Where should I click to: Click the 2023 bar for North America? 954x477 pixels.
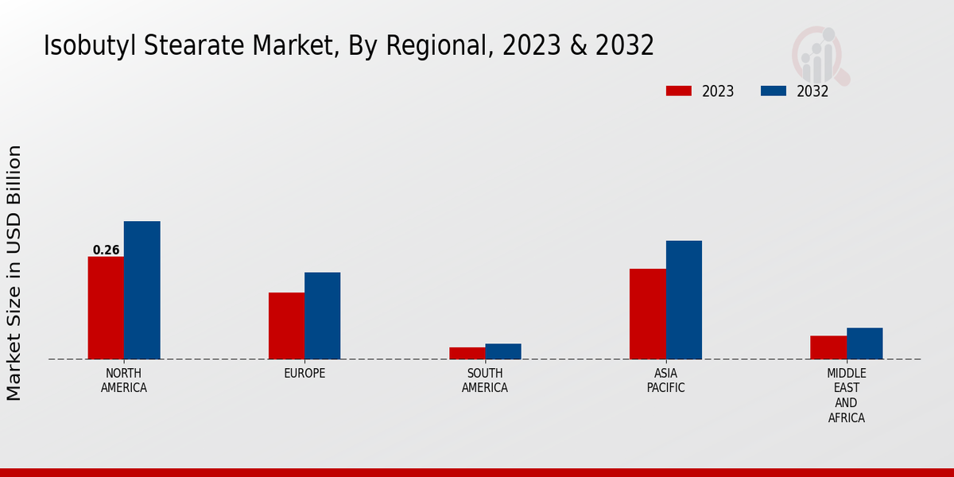pos(106,308)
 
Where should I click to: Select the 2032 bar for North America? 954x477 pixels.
pos(142,290)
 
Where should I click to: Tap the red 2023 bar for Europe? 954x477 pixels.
pos(286,326)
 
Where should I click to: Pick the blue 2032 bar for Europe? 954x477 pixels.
pos(322,316)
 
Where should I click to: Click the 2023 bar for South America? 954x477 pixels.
pos(467,353)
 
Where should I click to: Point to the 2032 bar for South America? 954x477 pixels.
pos(503,351)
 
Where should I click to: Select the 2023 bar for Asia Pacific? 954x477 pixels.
pos(647,314)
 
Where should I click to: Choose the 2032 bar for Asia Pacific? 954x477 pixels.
pos(684,300)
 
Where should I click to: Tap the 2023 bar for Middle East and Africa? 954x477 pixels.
pos(828,347)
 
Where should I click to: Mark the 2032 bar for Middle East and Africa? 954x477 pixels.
pos(864,343)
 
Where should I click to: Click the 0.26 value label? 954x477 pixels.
pos(106,250)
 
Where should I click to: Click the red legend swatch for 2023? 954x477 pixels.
pos(678,91)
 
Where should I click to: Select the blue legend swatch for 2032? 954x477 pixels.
pos(773,91)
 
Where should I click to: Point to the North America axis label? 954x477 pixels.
pos(124,381)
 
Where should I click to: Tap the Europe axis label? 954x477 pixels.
pos(304,374)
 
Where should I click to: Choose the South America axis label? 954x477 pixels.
pos(485,381)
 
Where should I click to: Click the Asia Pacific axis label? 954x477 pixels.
pos(665,381)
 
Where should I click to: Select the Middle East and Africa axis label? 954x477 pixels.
pos(847,395)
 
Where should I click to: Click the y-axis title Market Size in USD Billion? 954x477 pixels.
pos(14,273)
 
